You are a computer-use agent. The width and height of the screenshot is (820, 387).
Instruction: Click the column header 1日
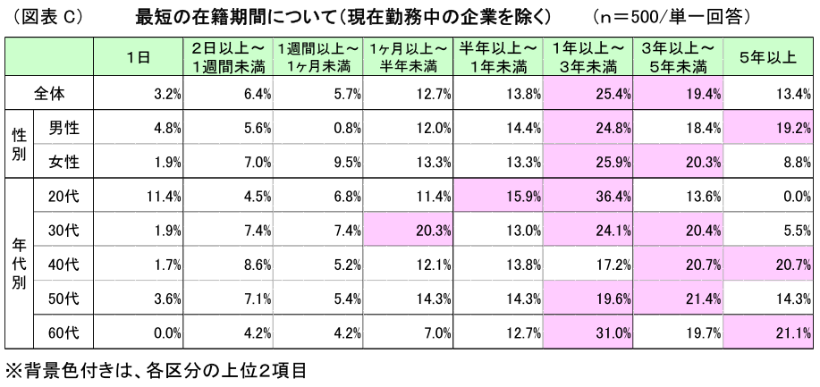tap(138, 57)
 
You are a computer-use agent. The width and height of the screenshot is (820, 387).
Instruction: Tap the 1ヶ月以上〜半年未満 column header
tap(408, 57)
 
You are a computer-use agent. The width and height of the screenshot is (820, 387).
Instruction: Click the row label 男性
tap(63, 128)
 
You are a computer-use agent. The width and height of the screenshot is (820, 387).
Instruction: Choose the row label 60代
tap(63, 333)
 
